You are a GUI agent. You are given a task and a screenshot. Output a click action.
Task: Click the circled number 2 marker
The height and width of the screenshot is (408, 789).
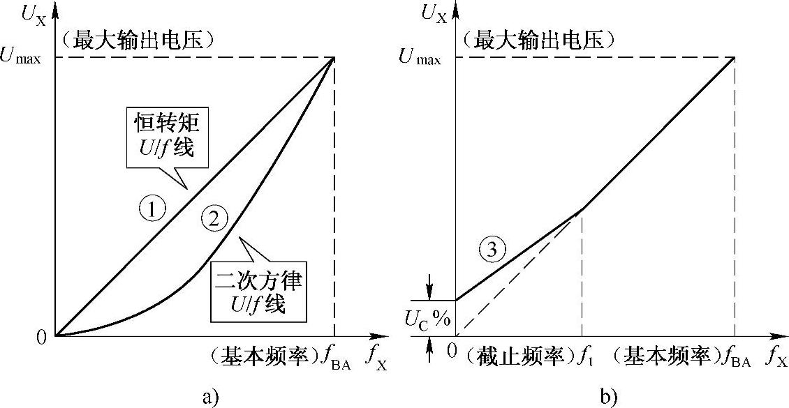point(214,219)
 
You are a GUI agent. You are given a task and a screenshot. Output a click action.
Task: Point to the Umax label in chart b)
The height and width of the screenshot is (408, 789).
point(420,58)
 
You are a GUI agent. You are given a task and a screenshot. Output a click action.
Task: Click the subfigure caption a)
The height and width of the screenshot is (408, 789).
point(209,398)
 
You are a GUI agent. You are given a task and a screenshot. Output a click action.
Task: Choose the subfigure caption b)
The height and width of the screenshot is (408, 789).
point(608,398)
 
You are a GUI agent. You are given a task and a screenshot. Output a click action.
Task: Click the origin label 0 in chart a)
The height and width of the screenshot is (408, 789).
point(41,338)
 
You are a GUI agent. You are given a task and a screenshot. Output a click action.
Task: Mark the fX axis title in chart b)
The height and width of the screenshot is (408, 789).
point(775,358)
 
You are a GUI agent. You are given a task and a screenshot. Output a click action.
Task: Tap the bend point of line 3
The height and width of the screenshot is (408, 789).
point(582,209)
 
